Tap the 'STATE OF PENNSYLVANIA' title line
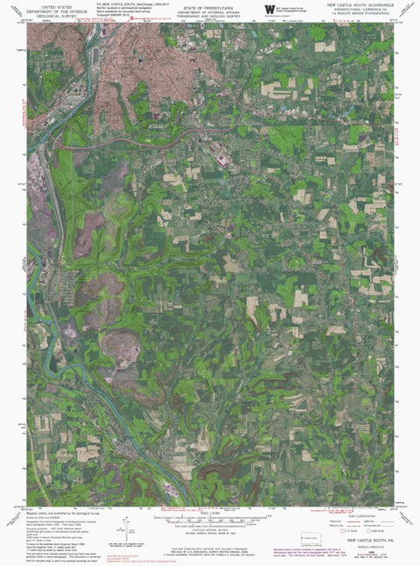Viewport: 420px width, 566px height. coord(209,4)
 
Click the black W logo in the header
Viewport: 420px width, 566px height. coord(269,9)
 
